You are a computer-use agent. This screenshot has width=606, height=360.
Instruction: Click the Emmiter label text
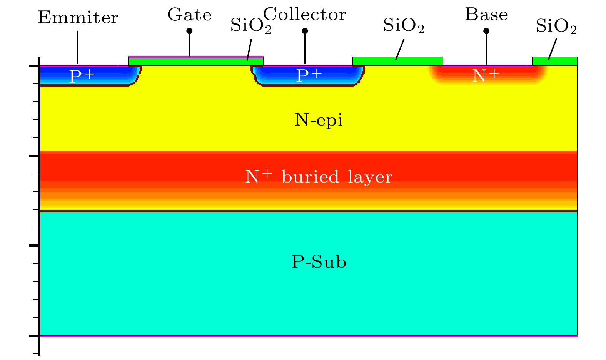coord(78,18)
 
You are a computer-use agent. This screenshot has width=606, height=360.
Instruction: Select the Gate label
coord(189,15)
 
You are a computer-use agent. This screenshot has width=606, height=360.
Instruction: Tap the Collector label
coord(305,15)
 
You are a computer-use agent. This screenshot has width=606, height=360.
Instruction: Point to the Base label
coord(486,15)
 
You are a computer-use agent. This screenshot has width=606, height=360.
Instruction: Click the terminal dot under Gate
coord(189,31)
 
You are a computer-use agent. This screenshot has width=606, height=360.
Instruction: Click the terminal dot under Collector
coord(305,31)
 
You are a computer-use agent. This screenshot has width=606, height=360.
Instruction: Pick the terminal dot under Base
coord(486,31)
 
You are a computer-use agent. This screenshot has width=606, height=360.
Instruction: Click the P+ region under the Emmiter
coord(82,76)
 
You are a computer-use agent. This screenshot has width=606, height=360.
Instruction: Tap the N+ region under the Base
coord(486,76)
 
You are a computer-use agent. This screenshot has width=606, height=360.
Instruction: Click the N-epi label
coord(319,121)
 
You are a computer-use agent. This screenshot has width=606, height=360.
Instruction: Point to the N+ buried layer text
coord(319,177)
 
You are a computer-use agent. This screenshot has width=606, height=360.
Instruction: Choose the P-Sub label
coord(319,262)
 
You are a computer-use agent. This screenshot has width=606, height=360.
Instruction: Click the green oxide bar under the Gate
coord(195,61)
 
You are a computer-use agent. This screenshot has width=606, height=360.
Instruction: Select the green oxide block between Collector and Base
coord(398,61)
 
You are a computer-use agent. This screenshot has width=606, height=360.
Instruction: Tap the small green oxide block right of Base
coord(554,61)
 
